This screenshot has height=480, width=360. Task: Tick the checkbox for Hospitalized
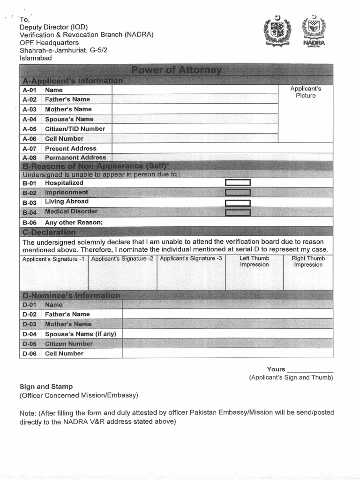pyautogui.click(x=238, y=183)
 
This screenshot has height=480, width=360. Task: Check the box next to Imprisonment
pyautogui.click(x=238, y=193)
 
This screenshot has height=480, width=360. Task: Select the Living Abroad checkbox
pyautogui.click(x=238, y=203)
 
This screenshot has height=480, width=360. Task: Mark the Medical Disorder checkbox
pyautogui.click(x=238, y=213)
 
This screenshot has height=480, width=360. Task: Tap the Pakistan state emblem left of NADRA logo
pyautogui.click(x=277, y=31)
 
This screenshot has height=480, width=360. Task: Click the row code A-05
pyautogui.click(x=30, y=129)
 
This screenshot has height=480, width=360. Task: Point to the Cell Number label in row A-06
pyautogui.click(x=64, y=139)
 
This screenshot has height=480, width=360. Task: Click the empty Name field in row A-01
pyautogui.click(x=195, y=90)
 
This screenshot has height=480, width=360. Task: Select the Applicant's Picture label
pyautogui.click(x=306, y=92)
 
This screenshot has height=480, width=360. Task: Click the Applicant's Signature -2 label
pyautogui.click(x=122, y=259)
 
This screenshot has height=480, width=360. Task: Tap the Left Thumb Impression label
pyautogui.click(x=254, y=262)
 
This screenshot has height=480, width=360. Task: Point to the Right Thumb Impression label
pyautogui.click(x=308, y=262)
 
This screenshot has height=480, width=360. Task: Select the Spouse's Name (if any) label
pyautogui.click(x=81, y=334)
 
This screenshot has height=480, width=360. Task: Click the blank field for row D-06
pyautogui.click(x=227, y=353)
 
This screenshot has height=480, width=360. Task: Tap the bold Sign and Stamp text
pyautogui.click(x=46, y=387)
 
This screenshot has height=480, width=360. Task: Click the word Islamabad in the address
pyautogui.click(x=36, y=58)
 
